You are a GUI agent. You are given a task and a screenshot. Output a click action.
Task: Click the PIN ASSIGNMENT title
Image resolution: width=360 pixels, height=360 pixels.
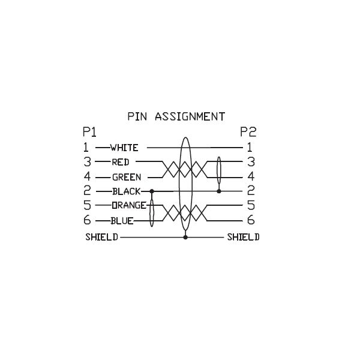pos(176,116)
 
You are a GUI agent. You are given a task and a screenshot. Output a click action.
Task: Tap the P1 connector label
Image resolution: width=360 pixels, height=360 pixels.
pos(89,131)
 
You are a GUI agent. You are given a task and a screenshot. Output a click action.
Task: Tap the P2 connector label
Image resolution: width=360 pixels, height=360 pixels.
pos(247,131)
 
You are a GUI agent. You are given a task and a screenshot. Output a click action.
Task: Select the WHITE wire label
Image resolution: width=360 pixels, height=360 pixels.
pos(124,148)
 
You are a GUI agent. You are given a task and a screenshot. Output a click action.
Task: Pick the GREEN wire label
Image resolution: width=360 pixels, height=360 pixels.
pos(127,177)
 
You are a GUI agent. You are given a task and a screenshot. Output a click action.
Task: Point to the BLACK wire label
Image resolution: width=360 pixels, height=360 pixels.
pos(126,191)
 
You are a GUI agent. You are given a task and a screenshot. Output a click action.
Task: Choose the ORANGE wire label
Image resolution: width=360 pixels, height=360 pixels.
pos(128,206)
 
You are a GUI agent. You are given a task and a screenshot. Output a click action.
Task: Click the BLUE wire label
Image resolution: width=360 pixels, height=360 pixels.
pos(122,221)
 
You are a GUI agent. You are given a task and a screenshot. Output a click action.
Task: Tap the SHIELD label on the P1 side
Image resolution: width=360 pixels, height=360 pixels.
pos(101,237)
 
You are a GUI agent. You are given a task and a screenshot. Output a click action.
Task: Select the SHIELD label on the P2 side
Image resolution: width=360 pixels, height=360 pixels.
pos(243,237)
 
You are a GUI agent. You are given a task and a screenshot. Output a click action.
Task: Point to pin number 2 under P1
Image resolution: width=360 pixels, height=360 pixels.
pos(86,191)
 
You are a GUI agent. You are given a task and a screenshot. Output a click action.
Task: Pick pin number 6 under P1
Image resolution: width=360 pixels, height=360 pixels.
pos(86,220)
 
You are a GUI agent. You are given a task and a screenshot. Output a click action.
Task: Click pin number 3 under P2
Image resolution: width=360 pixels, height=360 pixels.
pos(251,161)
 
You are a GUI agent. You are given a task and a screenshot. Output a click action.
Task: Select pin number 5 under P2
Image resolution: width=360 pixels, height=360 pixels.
pos(251,205)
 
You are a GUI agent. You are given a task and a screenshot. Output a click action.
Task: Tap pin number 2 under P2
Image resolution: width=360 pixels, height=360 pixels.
pos(251,191)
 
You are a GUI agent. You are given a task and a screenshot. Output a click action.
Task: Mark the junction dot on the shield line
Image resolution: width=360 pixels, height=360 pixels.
pos(185,237)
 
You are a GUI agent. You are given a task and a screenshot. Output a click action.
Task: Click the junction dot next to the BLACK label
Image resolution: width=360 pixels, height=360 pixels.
pos(152,191)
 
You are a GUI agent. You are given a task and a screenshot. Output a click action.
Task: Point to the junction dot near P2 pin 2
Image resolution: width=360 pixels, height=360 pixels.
pos(218,191)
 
